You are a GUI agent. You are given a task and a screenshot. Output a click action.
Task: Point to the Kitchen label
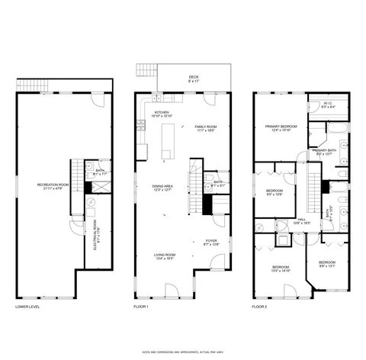point(162,115)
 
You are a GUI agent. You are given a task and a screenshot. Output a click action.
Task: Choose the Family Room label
point(205,128)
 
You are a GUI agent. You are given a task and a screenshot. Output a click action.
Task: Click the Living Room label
point(165,256)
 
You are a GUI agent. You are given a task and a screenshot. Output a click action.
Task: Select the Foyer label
point(211,243)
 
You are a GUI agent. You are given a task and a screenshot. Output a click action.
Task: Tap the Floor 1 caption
point(141,309)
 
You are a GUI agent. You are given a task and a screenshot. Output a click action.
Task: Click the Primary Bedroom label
point(281,128)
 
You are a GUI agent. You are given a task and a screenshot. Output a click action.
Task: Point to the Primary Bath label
point(324,152)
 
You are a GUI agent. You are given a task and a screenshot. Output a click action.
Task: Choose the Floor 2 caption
point(260,309)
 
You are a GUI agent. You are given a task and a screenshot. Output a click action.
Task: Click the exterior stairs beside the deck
point(145,71)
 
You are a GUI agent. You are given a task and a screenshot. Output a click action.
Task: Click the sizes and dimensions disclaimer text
point(183,352)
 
